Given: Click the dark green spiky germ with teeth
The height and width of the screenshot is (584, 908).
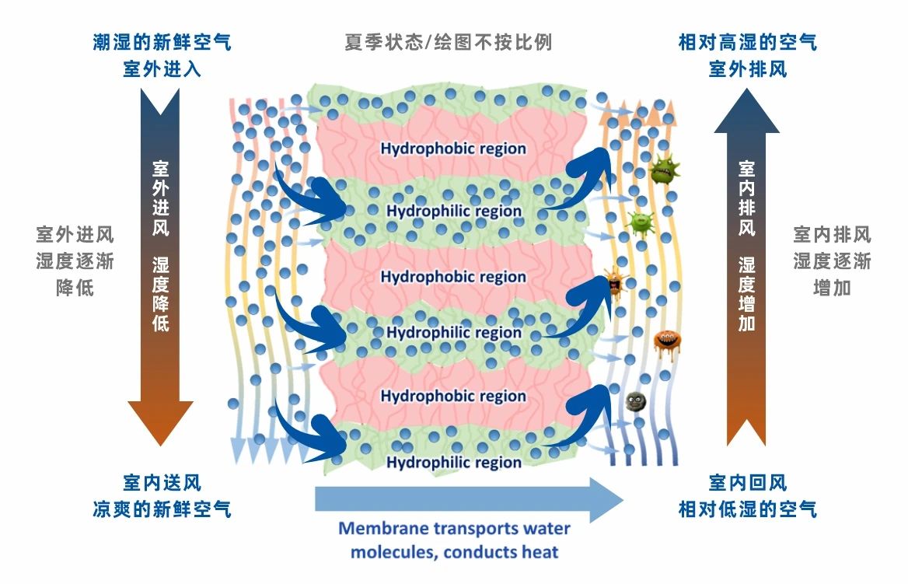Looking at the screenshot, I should click(x=664, y=169).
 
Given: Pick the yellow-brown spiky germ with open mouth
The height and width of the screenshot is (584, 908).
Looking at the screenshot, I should click(x=614, y=284).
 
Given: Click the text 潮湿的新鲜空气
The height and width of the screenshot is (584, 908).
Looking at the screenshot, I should click(x=162, y=42).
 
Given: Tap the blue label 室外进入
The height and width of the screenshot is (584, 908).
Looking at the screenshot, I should click(x=162, y=68).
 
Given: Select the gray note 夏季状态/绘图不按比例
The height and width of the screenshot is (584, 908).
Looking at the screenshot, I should click(x=449, y=42).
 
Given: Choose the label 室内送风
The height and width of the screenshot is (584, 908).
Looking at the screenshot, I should click(x=162, y=484).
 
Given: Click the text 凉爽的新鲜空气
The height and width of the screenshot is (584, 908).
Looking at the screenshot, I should click(x=162, y=510).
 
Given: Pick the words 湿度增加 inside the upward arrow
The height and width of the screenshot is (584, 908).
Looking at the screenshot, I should click(x=746, y=294).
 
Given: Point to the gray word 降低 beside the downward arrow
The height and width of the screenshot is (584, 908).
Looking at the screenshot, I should click(x=75, y=288).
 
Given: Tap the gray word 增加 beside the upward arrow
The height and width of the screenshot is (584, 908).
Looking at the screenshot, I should click(x=832, y=288).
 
